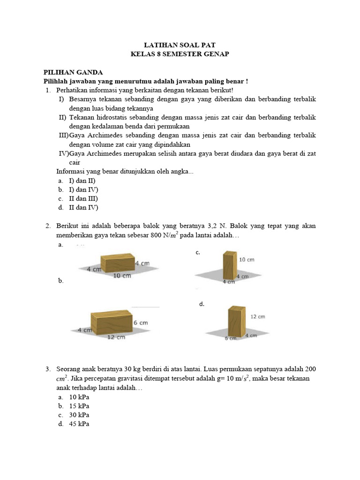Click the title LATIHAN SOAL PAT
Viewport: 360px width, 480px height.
(x=180, y=45)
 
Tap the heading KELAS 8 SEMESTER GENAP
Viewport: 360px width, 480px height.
(x=180, y=54)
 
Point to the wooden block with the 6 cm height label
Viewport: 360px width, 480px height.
(x=112, y=322)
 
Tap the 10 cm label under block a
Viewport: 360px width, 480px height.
(x=122, y=276)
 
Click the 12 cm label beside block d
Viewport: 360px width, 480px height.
(x=257, y=316)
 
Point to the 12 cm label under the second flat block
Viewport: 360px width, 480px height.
(x=116, y=337)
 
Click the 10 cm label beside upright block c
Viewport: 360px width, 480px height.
(x=247, y=259)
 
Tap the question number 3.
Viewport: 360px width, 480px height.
(x=48, y=370)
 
